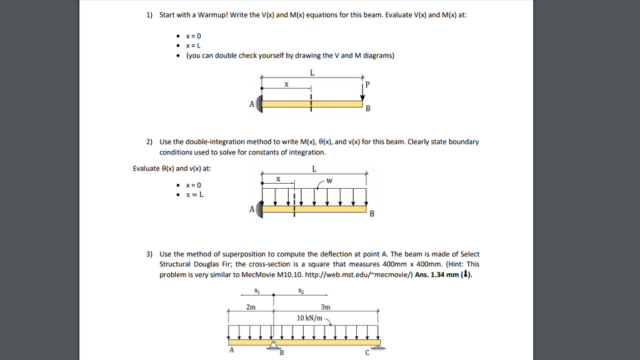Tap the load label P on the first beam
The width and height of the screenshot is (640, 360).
(x=367, y=84)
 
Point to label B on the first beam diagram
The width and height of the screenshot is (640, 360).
(x=367, y=109)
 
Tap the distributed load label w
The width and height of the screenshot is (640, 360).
(x=329, y=181)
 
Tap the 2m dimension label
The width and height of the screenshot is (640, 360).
(x=251, y=307)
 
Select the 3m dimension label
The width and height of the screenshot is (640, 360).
(x=325, y=307)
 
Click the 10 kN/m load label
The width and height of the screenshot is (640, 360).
(x=310, y=318)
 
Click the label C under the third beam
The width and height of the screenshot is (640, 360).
(x=367, y=352)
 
